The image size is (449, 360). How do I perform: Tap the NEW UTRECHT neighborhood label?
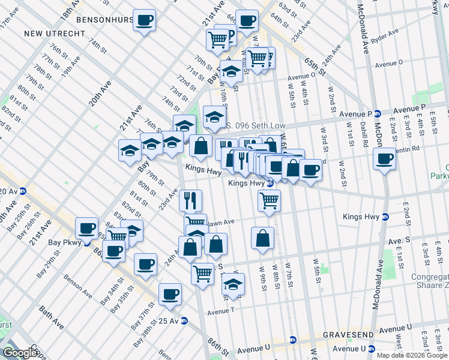click(55, 33)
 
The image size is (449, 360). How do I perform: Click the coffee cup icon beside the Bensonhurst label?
click(144, 20)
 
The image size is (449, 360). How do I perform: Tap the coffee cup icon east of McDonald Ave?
click(384, 159)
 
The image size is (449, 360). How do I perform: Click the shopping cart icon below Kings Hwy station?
click(269, 201)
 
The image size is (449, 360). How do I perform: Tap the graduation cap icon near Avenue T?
click(233, 285)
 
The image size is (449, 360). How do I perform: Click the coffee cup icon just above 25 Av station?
click(170, 294)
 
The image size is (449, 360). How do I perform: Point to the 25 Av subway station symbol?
click(184, 320)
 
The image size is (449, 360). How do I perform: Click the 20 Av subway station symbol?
click(23, 191)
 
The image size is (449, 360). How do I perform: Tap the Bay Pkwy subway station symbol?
click(86, 244)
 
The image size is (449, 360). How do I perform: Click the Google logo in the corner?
click(20, 353)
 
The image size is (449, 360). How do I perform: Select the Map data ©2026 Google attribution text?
click(411, 355)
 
